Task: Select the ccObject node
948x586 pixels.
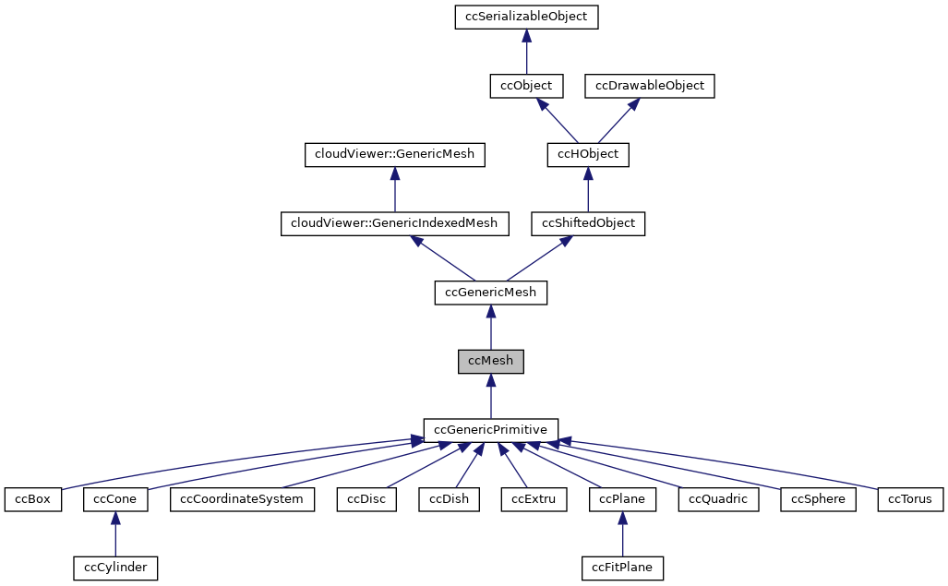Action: [526, 86]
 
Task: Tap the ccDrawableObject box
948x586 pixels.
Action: [650, 86]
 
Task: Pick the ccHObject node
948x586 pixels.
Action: [588, 154]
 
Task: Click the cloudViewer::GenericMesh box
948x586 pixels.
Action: [395, 154]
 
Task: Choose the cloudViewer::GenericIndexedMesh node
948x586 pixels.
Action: [395, 223]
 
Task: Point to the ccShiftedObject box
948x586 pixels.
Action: [588, 223]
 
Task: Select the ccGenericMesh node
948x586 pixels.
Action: [491, 293]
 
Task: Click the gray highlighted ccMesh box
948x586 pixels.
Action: [491, 361]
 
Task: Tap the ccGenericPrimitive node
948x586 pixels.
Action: [491, 430]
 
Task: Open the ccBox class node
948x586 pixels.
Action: [32, 499]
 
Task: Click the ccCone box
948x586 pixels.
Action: [114, 499]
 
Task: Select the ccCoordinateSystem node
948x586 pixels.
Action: [243, 499]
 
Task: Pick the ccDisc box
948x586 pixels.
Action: [366, 499]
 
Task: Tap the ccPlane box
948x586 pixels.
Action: [622, 499]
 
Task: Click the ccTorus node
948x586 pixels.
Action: [910, 499]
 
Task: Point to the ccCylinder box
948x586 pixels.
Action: [114, 568]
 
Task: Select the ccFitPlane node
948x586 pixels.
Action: [622, 568]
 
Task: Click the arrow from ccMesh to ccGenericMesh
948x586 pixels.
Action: [491, 328]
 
